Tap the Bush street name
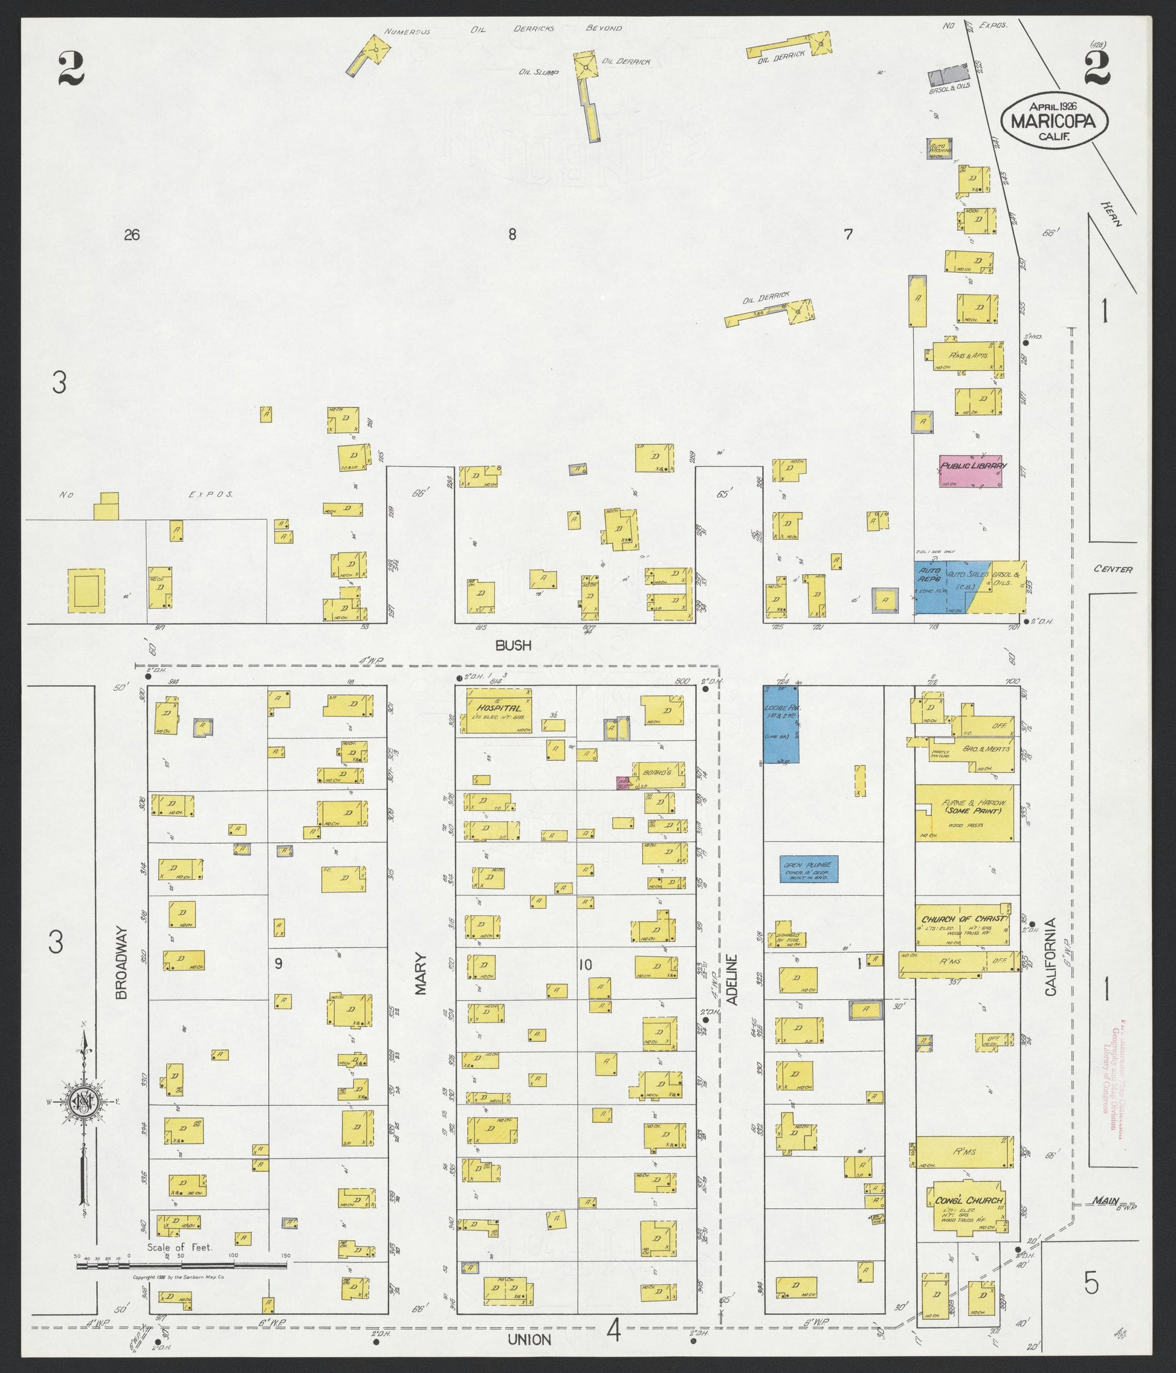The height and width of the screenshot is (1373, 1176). tap(513, 645)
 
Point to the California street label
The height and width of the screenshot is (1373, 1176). tap(1050, 961)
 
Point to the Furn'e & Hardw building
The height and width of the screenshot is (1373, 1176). tap(964, 813)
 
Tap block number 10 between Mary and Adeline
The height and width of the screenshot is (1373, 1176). tap(584, 983)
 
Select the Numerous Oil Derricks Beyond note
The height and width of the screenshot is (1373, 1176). tap(503, 29)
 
